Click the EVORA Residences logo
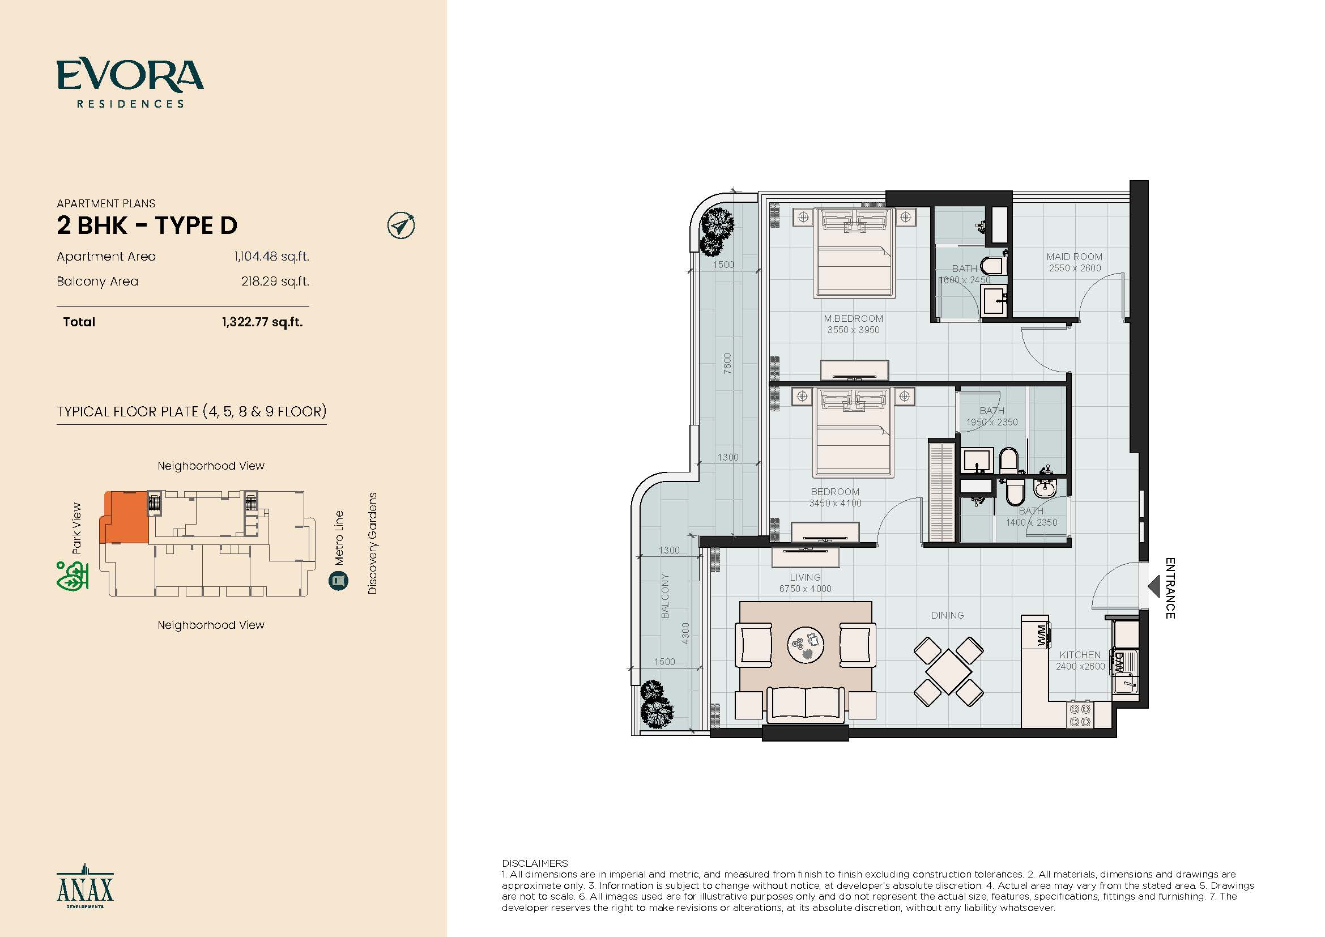pyautogui.click(x=130, y=84)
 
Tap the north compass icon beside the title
pyautogui.click(x=401, y=225)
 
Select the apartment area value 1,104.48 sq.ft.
pyautogui.click(x=272, y=256)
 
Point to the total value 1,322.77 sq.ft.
pyautogui.click(x=263, y=322)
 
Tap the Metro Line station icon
pyautogui.click(x=339, y=581)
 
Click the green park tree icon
pyautogui.click(x=73, y=575)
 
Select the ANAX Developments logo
pyautogui.click(x=86, y=887)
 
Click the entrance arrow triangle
pyautogui.click(x=1153, y=587)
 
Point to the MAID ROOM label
pyautogui.click(x=1075, y=257)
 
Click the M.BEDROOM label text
pyautogui.click(x=854, y=318)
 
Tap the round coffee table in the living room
pyautogui.click(x=806, y=644)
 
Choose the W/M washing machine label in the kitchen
pyautogui.click(x=1041, y=635)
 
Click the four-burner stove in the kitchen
pyautogui.click(x=1080, y=715)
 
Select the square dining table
pyautogui.click(x=948, y=672)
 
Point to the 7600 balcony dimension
pyautogui.click(x=727, y=364)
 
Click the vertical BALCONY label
pyautogui.click(x=665, y=596)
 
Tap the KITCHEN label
pyautogui.click(x=1080, y=655)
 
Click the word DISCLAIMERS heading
pyautogui.click(x=535, y=863)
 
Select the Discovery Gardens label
pyautogui.click(x=372, y=543)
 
